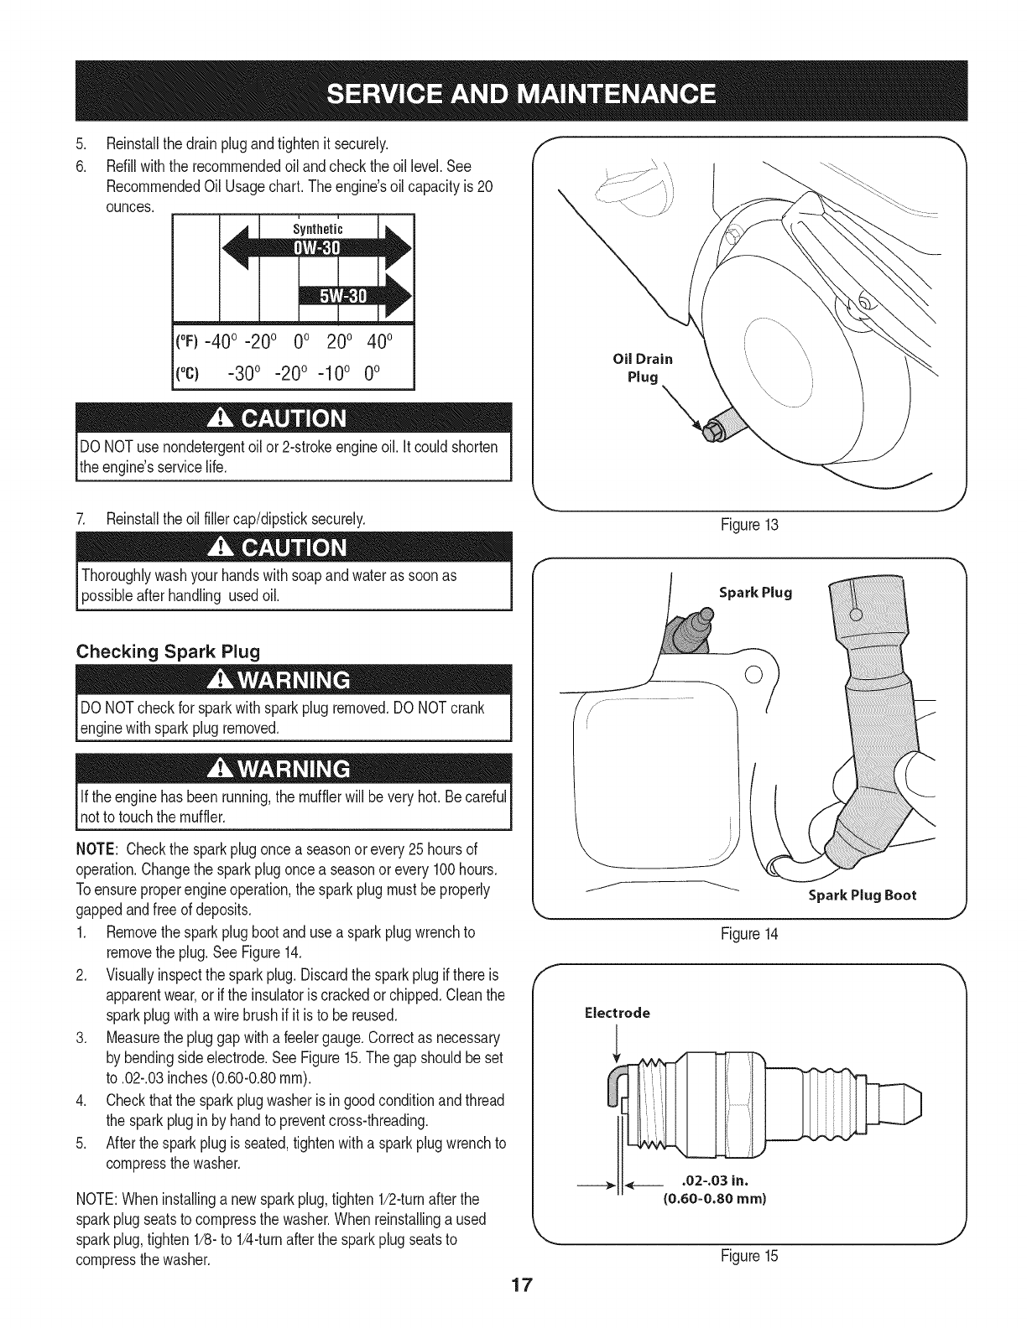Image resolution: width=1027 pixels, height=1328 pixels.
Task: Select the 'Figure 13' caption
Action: pos(750,526)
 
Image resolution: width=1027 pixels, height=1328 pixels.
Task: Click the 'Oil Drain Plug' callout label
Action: pos(644,368)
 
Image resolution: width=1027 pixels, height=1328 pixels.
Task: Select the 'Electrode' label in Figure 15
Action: pos(617,1013)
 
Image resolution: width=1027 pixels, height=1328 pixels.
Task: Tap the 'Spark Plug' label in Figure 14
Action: pos(755,593)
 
